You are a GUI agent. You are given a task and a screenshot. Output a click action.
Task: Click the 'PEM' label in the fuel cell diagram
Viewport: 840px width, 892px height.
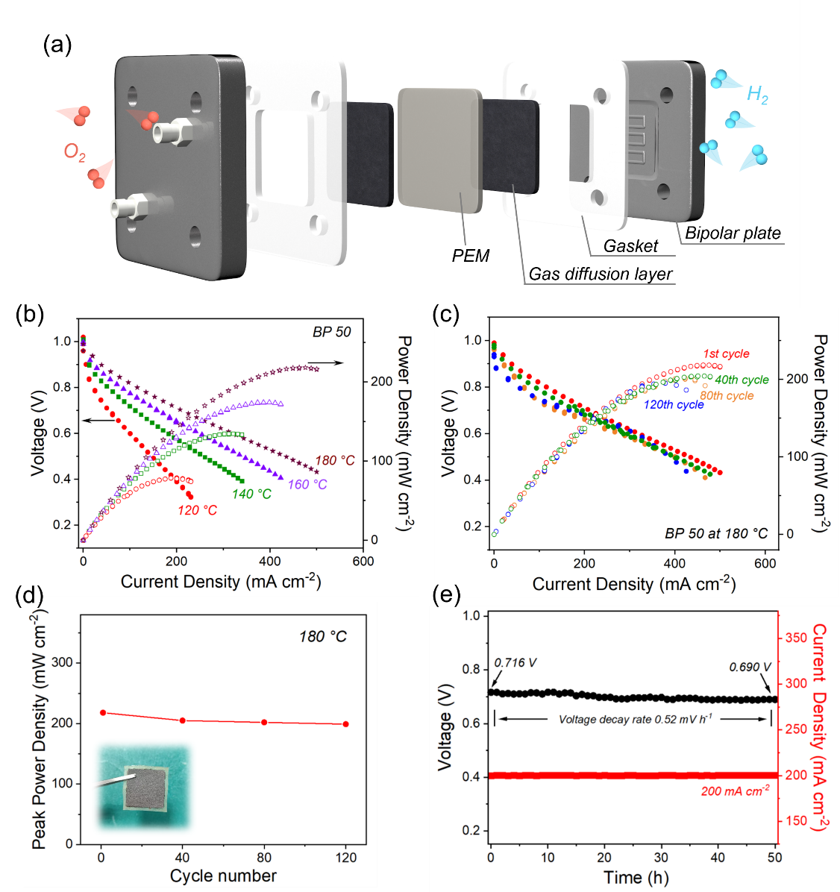click(471, 256)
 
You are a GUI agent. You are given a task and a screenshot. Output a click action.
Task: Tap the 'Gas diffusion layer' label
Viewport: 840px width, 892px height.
click(600, 274)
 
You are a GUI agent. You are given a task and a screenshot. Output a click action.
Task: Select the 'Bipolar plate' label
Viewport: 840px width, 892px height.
click(733, 233)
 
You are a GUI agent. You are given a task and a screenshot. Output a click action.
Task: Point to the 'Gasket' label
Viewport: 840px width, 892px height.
click(630, 246)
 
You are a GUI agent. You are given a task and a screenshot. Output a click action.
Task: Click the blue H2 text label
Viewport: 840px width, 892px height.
click(757, 95)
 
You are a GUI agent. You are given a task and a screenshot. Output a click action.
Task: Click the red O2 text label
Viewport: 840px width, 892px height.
click(75, 153)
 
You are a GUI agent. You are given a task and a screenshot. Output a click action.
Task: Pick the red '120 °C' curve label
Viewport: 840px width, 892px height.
click(198, 510)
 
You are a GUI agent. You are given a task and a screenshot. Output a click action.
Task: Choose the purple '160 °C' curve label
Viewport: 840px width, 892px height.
click(307, 484)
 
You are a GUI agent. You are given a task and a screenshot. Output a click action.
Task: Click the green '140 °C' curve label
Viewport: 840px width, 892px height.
click(251, 494)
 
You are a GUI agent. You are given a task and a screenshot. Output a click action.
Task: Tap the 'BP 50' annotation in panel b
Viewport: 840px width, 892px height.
click(331, 332)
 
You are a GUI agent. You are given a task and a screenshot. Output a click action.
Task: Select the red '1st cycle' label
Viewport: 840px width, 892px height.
click(726, 354)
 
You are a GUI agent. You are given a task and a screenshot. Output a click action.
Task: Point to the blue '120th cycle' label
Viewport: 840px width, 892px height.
click(674, 404)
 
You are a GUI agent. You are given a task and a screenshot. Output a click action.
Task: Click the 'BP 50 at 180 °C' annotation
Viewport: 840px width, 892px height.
click(716, 533)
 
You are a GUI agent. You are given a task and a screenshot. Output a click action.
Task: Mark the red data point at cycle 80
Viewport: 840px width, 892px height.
click(264, 722)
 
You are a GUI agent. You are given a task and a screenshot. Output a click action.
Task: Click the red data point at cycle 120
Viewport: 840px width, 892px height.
click(345, 724)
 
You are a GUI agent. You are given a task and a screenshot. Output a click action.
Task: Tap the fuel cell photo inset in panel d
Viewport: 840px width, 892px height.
click(144, 787)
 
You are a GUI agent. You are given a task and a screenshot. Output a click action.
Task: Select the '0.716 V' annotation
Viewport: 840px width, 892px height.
click(515, 663)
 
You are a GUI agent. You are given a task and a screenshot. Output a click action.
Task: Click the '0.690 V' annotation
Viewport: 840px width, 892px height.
click(750, 667)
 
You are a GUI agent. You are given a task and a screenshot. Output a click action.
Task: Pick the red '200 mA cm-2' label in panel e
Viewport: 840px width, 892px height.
click(736, 791)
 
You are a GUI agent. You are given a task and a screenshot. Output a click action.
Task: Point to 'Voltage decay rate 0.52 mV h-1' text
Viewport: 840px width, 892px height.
click(635, 719)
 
